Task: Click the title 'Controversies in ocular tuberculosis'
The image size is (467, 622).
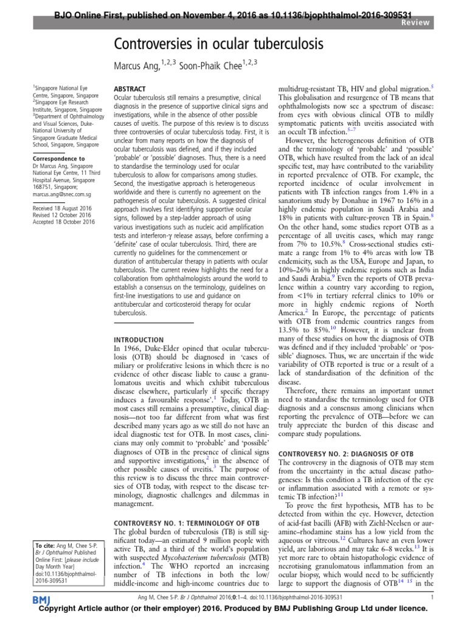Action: tap(217, 44)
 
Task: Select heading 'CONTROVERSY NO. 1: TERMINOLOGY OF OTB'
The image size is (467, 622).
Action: tap(187, 522)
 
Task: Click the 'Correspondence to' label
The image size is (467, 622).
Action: tap(60, 158)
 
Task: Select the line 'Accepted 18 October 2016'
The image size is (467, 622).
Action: tap(64, 222)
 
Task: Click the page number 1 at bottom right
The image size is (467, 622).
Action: tap(431, 599)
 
